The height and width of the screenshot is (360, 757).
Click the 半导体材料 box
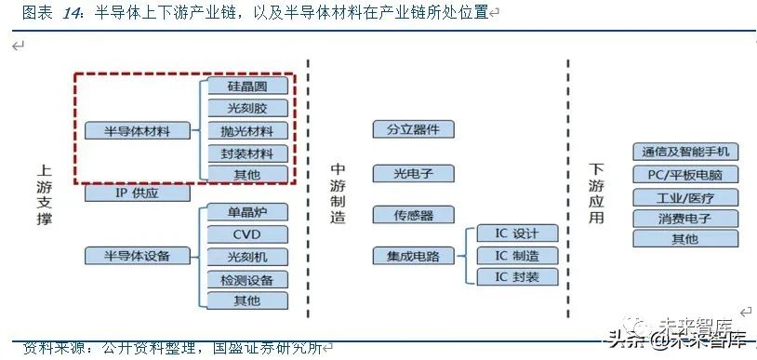coord(139,130)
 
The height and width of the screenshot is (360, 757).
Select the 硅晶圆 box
coord(246,87)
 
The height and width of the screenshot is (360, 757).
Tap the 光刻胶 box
coord(246,108)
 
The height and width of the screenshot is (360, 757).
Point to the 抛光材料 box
coord(246,130)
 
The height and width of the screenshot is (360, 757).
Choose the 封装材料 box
coord(246,153)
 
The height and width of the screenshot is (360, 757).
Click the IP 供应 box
coord(139,193)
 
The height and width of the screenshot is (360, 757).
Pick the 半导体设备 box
coord(139,255)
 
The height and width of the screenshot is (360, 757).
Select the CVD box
coord(246,234)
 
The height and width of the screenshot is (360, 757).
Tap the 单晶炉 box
coord(246,212)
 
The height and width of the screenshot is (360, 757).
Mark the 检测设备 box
coord(246,278)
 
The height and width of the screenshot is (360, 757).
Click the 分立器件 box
coord(413,129)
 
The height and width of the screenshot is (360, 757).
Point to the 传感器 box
coord(413,215)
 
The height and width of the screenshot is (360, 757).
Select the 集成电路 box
coord(413,254)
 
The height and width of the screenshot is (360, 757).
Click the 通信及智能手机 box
coord(685,152)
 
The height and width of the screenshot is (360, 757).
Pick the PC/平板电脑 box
coord(685,175)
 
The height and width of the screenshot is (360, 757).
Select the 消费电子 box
coord(685,219)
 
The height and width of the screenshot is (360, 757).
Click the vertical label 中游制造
coord(339,193)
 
